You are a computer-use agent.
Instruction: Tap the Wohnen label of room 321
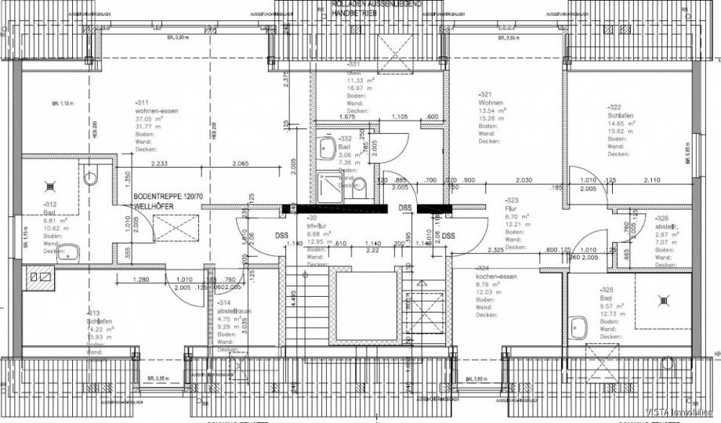(492, 103)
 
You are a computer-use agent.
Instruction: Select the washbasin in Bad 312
(71, 251)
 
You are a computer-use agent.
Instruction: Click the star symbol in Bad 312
(52, 186)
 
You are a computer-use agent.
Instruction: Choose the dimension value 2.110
(652, 179)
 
